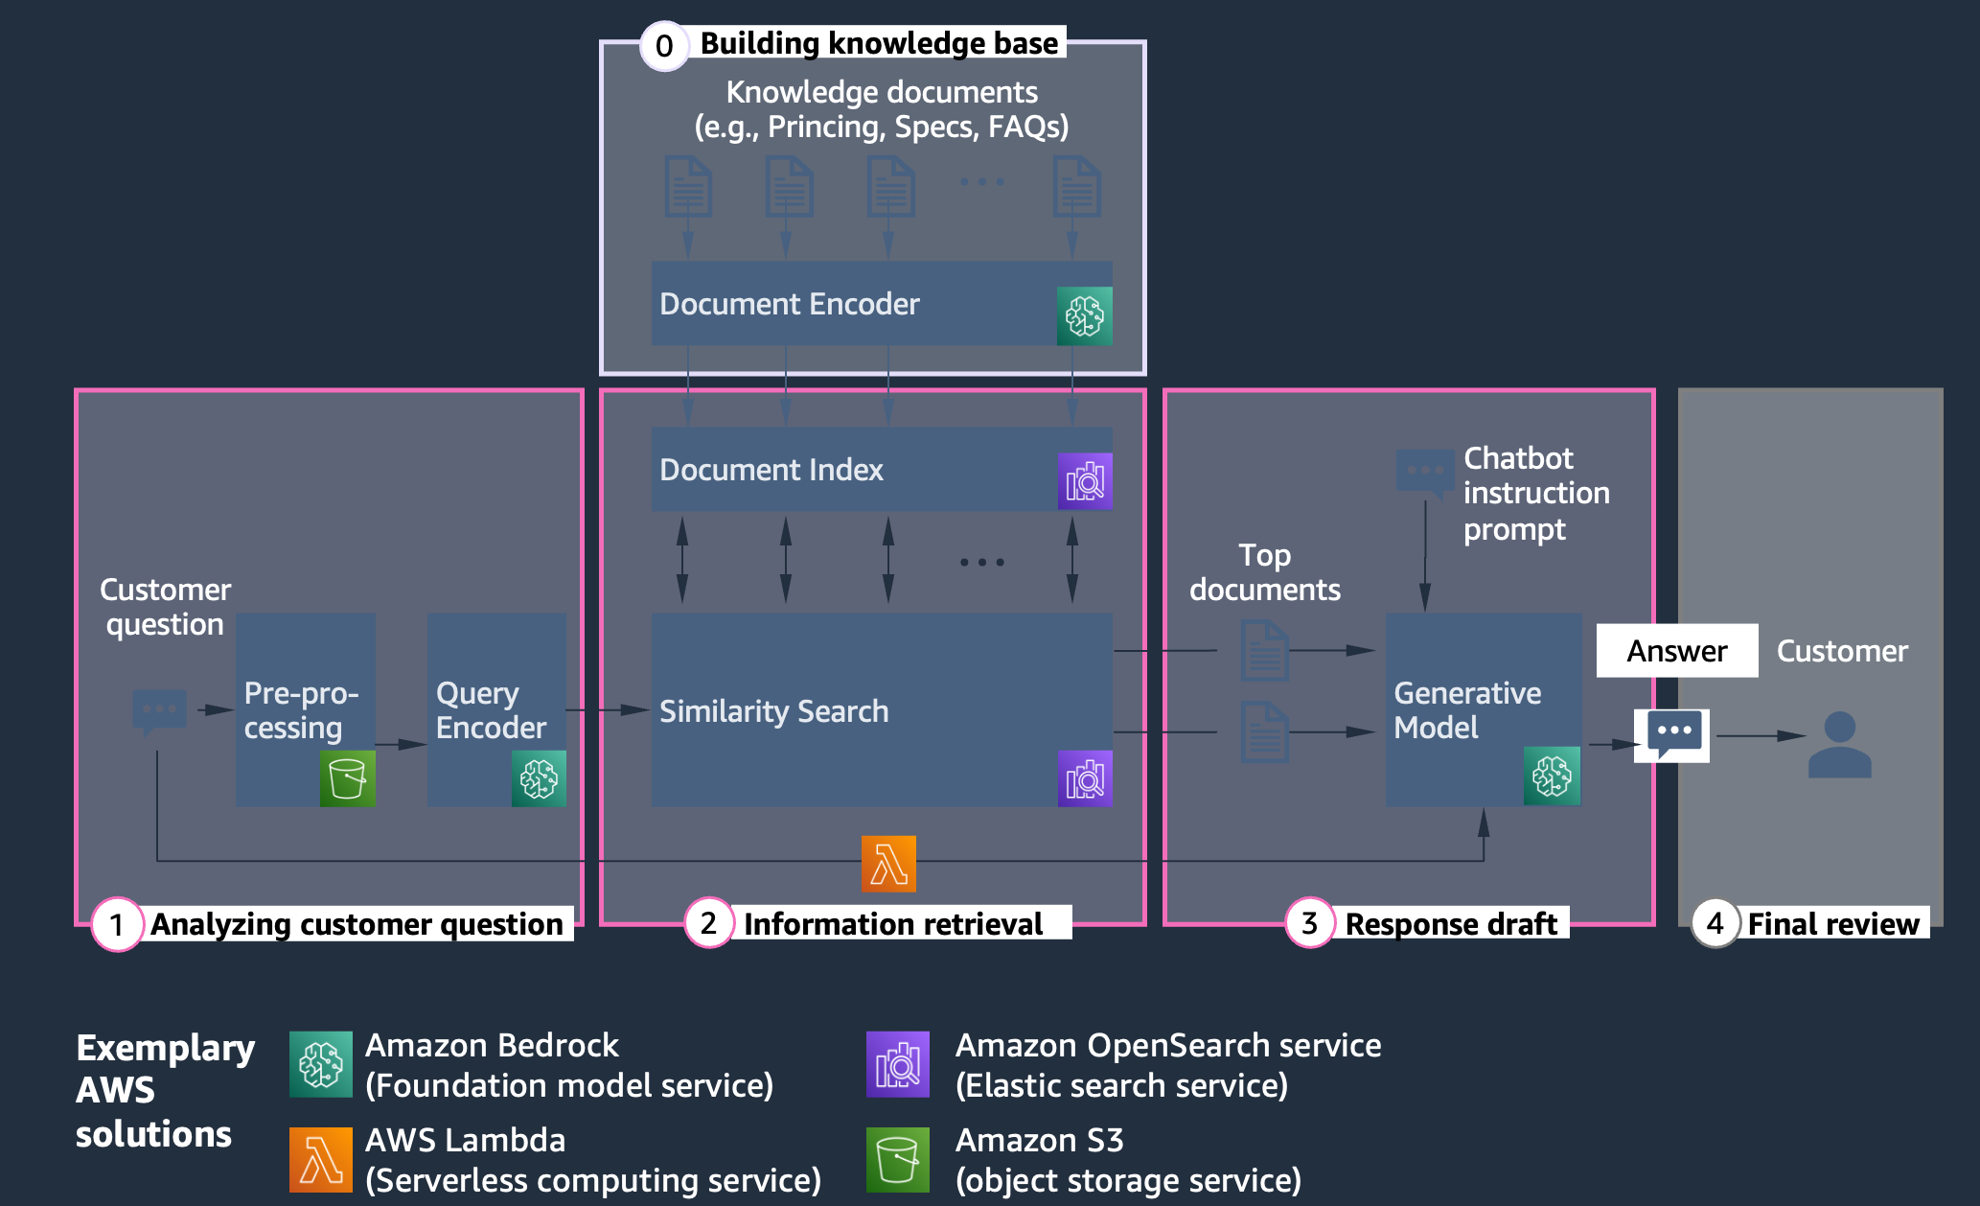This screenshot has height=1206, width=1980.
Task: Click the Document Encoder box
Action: coord(882,303)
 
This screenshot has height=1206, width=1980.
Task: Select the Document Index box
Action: coord(882,469)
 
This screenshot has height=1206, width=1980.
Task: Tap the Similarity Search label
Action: coord(774,711)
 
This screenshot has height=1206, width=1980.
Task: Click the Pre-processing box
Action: coord(306,709)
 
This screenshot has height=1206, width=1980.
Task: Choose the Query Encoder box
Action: coord(496,709)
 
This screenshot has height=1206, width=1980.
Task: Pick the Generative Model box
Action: coord(1484,709)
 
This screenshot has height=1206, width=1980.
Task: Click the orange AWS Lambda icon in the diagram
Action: coord(888,864)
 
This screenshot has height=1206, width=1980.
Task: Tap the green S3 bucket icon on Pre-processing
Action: coord(347,778)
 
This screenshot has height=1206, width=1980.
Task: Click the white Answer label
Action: coord(1677,651)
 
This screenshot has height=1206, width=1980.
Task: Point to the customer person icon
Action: coord(1840,744)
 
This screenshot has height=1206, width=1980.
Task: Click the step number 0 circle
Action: coord(664,46)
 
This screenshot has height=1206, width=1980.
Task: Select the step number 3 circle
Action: coord(1310,923)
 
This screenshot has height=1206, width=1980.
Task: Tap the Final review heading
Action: coord(1833,924)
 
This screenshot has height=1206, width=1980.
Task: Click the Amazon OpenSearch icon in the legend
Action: coord(898,1064)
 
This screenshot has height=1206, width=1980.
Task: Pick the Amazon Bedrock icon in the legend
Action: coord(321,1064)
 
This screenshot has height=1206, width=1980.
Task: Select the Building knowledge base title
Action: coord(880,43)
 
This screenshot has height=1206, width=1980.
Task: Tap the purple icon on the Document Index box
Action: coord(1085,481)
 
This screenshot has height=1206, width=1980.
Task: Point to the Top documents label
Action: coord(1265,572)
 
